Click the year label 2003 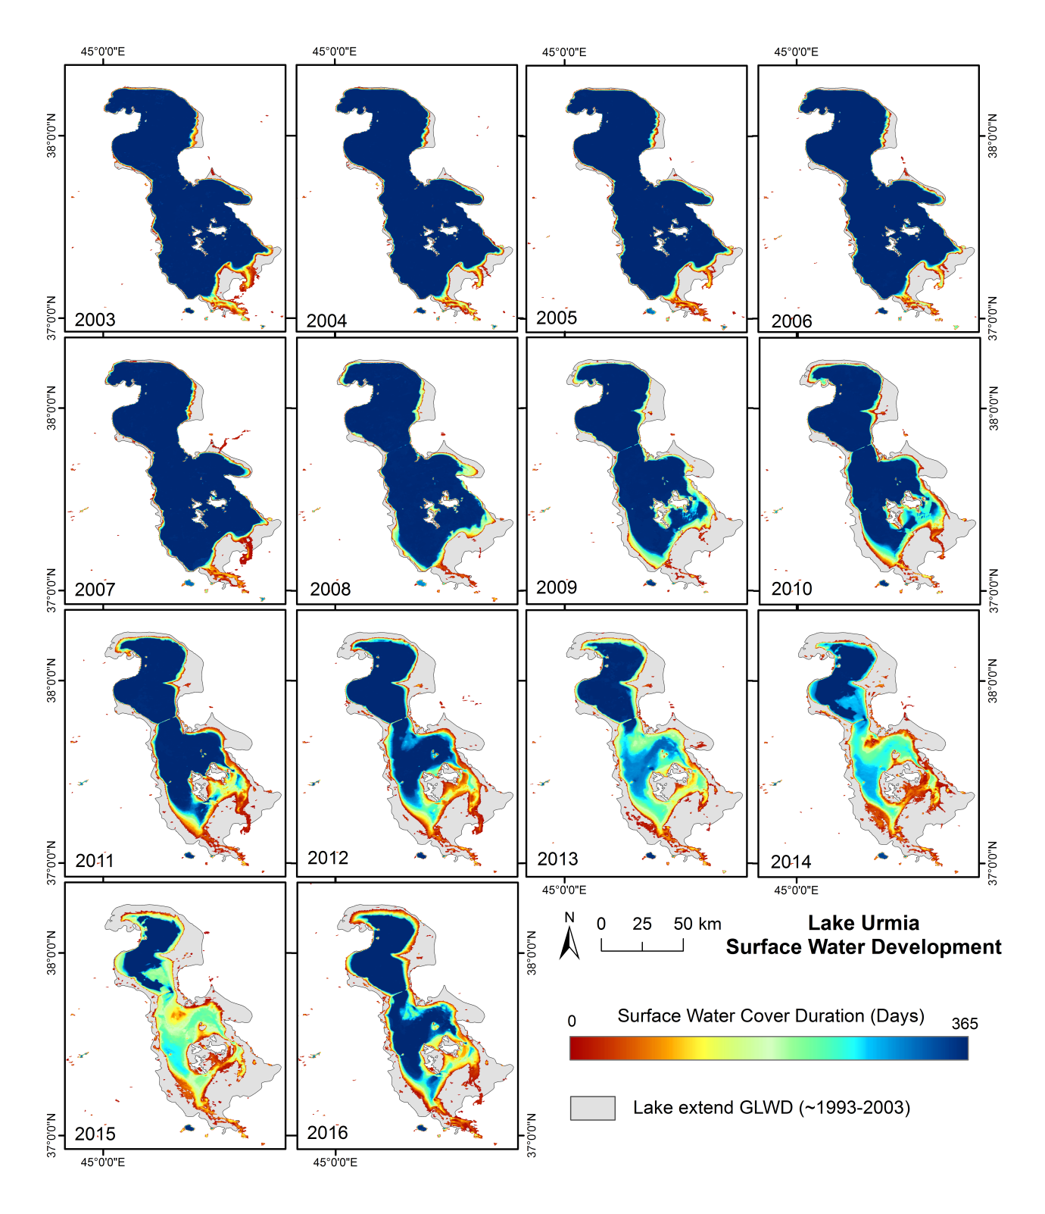point(95,320)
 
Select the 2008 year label point(330,590)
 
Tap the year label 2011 point(95,861)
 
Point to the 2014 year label point(791,862)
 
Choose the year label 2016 point(328,1133)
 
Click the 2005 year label point(557,318)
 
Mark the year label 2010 point(791,589)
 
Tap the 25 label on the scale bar point(642,924)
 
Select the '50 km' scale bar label point(697,924)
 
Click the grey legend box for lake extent point(593,1108)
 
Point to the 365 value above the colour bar point(965,1024)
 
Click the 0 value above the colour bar point(572,1022)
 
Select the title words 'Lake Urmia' point(863,923)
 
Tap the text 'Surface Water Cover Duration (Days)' point(771,1016)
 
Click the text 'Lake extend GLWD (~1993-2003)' point(772,1108)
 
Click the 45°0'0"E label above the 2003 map point(103,52)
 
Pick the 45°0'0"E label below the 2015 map point(103,1162)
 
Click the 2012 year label point(328,858)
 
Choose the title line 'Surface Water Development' point(863,947)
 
